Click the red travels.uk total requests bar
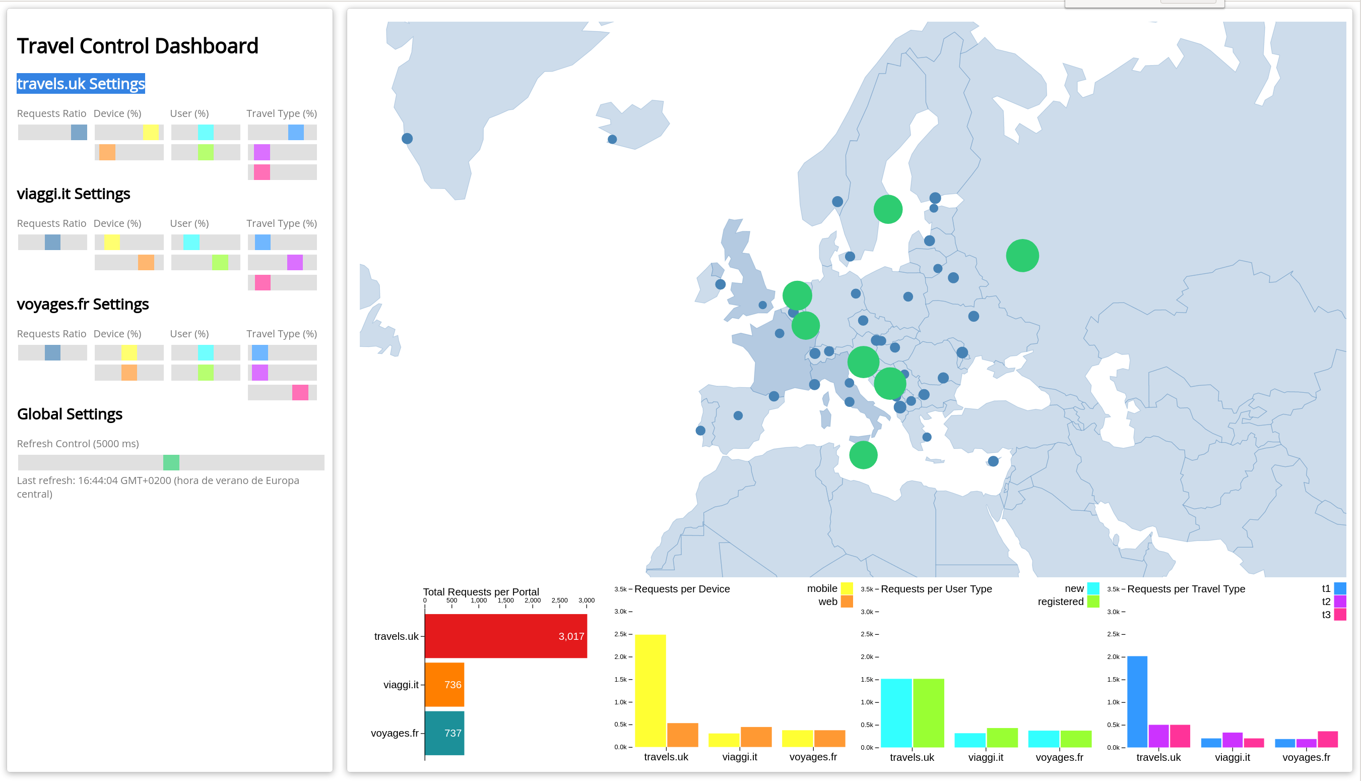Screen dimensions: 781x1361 point(505,636)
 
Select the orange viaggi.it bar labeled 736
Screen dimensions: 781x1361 point(444,685)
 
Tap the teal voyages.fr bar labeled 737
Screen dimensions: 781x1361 point(444,733)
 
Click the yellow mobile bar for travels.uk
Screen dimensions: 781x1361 point(650,691)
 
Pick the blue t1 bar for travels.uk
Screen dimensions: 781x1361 point(1137,702)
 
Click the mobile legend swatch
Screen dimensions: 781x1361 point(847,588)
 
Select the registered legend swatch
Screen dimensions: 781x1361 point(1093,602)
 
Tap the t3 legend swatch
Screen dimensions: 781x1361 point(1339,615)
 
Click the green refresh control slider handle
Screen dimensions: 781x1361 point(171,462)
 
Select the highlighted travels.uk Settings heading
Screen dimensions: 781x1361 point(81,84)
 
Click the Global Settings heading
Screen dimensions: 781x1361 point(70,414)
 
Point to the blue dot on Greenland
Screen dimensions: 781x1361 point(407,138)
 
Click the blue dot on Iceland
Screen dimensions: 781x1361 point(612,140)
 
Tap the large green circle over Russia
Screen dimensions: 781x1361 point(1022,256)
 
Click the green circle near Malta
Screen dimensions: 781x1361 point(863,455)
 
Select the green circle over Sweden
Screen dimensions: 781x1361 point(888,209)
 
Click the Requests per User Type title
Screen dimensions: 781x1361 point(936,589)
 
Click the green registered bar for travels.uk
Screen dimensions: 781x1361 point(929,713)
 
